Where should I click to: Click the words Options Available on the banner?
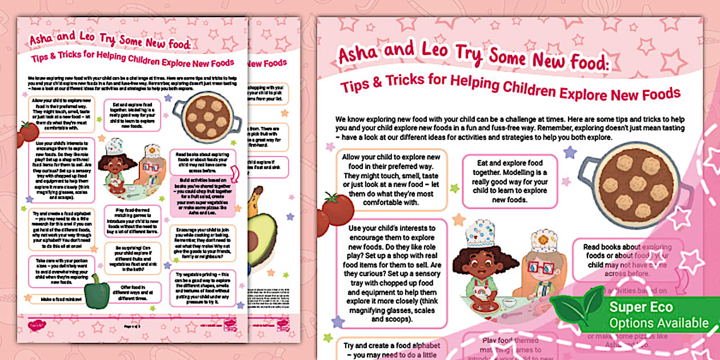pyautogui.click(x=658, y=323)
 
